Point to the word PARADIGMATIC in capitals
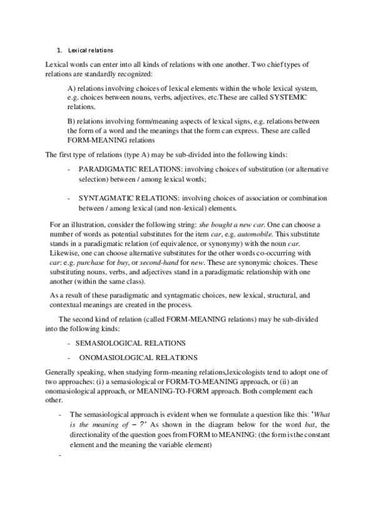[108, 170]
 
